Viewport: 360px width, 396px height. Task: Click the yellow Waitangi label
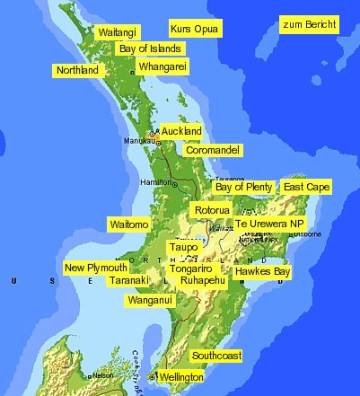coord(119,31)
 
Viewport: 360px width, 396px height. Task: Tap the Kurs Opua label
coord(195,29)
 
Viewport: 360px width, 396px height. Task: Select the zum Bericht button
coord(310,23)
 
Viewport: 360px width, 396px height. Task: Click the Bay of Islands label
coord(150,48)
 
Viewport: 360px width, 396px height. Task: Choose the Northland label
coord(77,70)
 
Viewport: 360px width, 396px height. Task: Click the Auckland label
coord(181,131)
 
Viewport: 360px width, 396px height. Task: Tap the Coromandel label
coord(213,150)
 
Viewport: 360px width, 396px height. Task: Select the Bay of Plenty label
coord(243,187)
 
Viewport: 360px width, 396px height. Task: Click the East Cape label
coord(306,187)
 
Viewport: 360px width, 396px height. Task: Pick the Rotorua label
coord(212,209)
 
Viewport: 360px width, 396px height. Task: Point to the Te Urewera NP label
coord(270,223)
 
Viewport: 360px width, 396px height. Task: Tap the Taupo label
coord(183,246)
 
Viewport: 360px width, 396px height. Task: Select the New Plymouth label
coord(96,268)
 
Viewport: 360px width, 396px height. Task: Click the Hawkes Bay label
coord(263,270)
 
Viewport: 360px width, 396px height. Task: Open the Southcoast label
coord(216,356)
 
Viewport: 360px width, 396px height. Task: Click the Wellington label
coord(181,378)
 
